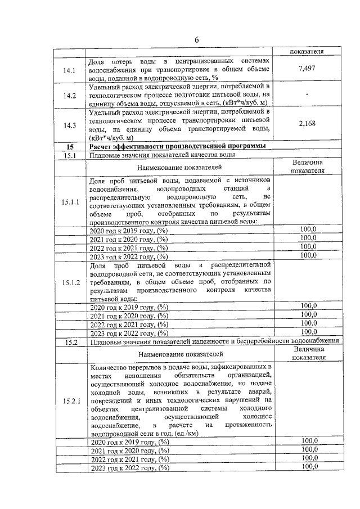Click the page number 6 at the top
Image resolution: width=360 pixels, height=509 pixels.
(x=197, y=39)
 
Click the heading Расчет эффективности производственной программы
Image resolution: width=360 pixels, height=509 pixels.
(x=177, y=147)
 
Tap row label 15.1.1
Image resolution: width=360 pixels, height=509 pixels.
(x=70, y=201)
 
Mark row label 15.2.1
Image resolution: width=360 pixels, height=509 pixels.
(x=70, y=400)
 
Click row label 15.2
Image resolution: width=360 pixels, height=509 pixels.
(x=70, y=341)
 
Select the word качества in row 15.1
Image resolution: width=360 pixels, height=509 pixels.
(x=204, y=155)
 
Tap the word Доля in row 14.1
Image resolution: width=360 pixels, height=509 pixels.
(x=98, y=61)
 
